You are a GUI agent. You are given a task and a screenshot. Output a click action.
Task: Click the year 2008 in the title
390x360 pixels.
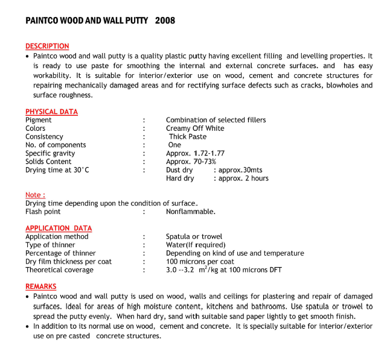[x=165, y=21]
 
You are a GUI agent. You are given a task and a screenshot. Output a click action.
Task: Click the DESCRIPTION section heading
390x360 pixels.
[x=47, y=46]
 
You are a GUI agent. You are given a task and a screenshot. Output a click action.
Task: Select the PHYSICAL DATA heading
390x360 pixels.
[x=51, y=112]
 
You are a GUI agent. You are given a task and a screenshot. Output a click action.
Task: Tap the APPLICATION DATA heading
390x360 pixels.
[x=59, y=229]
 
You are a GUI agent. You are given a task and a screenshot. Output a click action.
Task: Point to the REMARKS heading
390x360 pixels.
[x=41, y=286]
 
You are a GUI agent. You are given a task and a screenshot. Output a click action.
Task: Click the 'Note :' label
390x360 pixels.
[x=34, y=195]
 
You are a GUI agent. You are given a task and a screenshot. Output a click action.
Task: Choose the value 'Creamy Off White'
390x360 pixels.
[x=195, y=128]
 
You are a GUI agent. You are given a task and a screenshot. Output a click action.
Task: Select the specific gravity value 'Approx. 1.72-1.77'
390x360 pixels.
[x=195, y=154]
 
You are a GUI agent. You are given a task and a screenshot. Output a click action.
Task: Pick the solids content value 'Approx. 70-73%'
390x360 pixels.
[x=191, y=162]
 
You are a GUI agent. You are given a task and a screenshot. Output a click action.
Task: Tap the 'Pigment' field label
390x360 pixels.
[x=39, y=120]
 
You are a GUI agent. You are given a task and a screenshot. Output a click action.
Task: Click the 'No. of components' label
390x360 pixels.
[x=56, y=145]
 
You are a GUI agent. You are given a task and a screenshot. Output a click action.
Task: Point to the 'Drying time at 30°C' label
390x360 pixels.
[x=57, y=170]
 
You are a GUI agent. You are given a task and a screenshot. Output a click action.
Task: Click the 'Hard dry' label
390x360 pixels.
[x=180, y=178]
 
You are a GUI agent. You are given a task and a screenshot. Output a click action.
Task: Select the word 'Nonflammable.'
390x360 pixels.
[x=191, y=212]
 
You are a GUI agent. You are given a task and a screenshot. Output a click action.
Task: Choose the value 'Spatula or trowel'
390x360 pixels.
[x=194, y=237]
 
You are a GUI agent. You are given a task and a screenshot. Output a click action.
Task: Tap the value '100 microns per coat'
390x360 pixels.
[x=200, y=262]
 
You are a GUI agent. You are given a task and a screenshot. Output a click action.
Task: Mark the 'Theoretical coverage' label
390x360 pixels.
[x=59, y=270]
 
